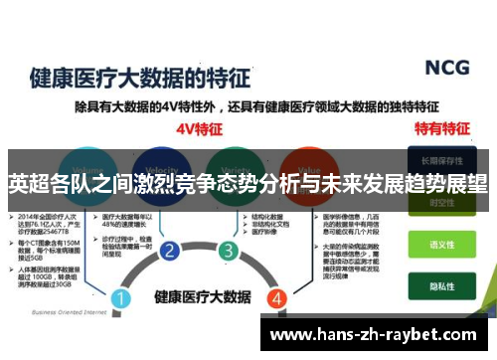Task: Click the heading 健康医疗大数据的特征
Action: coord(131,77)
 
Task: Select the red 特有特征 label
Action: coord(440,128)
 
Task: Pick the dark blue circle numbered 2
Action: coord(170,250)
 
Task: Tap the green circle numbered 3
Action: coord(229,250)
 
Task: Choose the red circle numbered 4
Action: coord(277,270)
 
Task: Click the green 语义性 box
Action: coord(439,243)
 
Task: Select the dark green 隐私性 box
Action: coord(439,282)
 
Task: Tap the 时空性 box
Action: coord(439,203)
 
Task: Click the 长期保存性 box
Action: coord(439,159)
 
